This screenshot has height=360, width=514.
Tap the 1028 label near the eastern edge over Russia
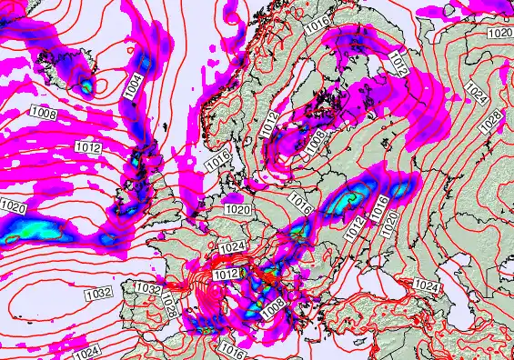489,118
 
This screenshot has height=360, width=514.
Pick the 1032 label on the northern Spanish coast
147,288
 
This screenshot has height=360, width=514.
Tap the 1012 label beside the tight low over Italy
226,274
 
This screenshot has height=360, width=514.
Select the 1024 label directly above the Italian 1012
232,246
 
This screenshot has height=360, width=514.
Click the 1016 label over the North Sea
217,161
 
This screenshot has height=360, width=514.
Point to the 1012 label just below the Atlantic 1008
88,146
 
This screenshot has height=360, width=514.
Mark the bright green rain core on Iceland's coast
85,88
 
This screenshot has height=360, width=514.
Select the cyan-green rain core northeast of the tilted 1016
357,194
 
